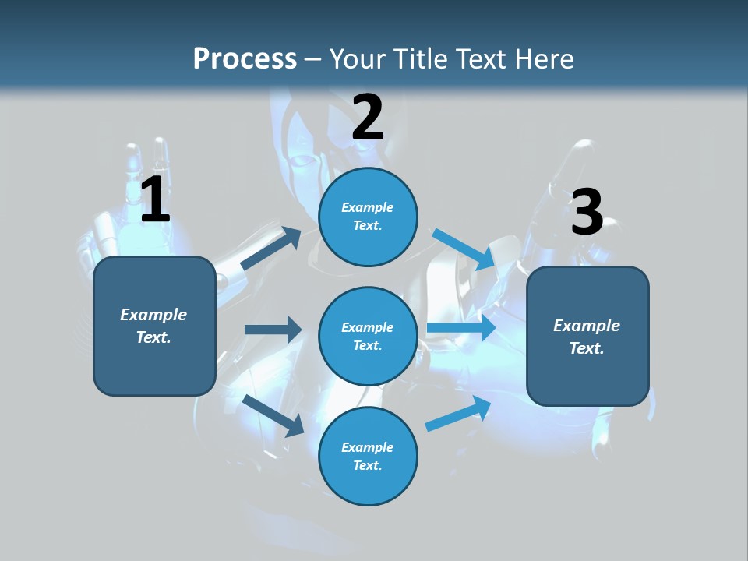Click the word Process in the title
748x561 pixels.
coord(245,59)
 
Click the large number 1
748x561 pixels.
coord(155,199)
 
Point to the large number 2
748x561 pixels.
coord(368,118)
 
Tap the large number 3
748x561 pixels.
coord(587,213)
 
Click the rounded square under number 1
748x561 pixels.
coord(154,326)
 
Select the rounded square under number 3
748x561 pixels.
coord(587,337)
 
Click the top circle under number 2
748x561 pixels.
coord(368,217)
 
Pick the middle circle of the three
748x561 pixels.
coord(368,336)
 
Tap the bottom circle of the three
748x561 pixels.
coord(368,456)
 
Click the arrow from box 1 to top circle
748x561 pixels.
coord(271,248)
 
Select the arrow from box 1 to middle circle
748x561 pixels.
coord(273,330)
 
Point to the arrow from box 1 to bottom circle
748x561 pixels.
coord(273,415)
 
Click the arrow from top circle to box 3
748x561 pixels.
coord(464,249)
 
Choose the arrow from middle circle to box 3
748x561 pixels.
coord(461,327)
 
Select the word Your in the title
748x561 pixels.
coord(355,59)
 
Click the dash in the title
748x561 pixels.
coord(312,60)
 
